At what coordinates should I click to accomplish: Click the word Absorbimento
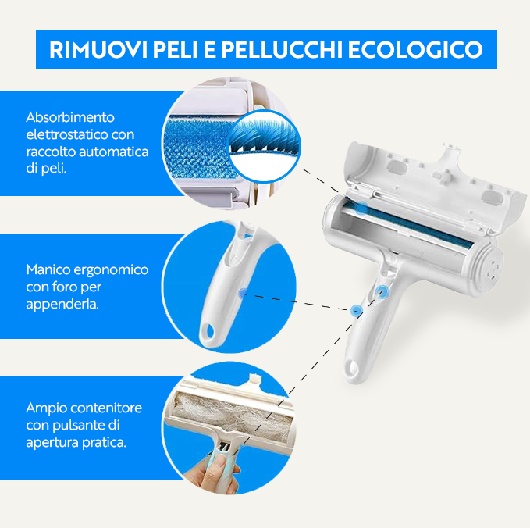pos(70,117)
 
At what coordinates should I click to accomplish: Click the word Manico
pos(47,269)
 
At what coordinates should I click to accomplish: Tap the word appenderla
pos(62,303)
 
